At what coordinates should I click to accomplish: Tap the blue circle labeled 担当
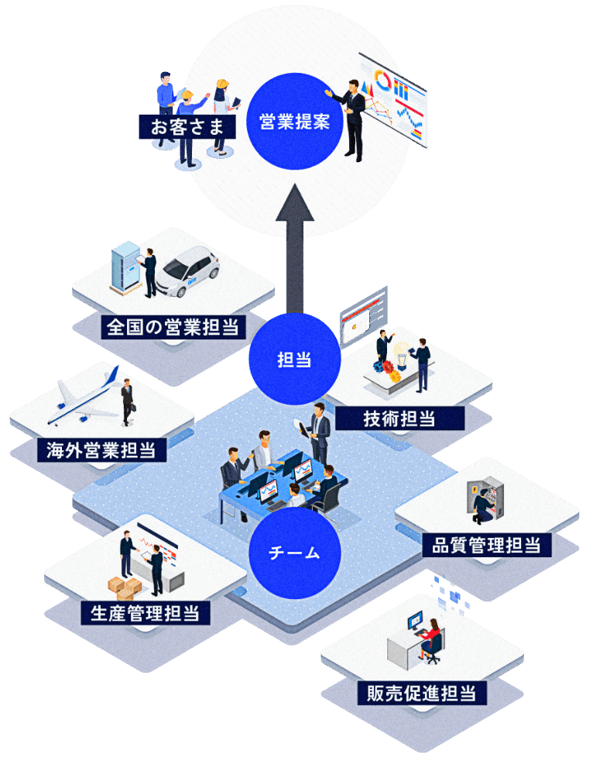pos(294,360)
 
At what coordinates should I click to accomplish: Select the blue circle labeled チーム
pos(294,553)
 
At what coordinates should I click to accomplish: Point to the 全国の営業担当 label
pos(174,326)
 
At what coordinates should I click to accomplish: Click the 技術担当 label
pos(399,419)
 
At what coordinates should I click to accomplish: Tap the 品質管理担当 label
pos(486,545)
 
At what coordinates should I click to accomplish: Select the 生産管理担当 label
pos(146,613)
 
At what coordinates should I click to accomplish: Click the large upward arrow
pos(294,248)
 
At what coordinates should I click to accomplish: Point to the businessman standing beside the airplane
pos(127,402)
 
